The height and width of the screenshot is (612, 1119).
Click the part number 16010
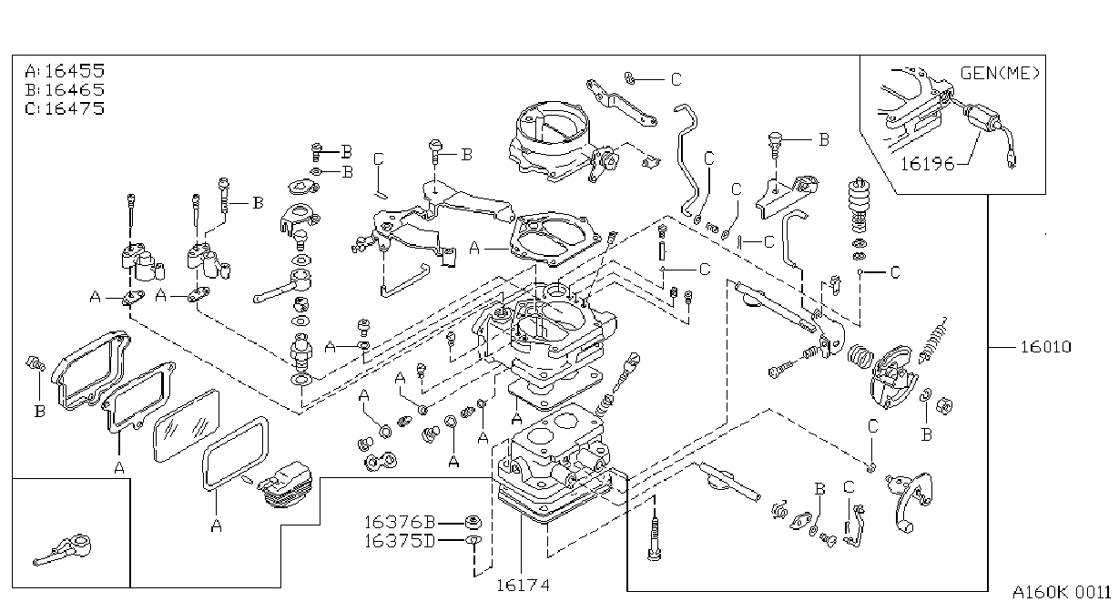pos(1045,347)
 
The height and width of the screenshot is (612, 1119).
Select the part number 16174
pos(523,585)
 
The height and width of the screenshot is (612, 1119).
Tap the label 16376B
pos(400,522)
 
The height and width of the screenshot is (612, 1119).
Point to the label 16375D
pos(400,541)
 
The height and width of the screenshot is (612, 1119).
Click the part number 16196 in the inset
pos(927,164)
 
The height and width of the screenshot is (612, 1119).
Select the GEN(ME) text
pos(1000,74)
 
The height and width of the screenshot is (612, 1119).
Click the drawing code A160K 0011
pos(1061,593)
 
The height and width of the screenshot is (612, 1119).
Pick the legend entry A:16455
pos(65,71)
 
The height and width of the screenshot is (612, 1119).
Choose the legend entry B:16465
pos(65,90)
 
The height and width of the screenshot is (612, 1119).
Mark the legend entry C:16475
pos(65,108)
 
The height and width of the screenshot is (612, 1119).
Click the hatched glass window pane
pos(186,425)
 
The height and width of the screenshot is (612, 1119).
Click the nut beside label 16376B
pos(473,522)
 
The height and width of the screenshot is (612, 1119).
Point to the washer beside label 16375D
pos(473,540)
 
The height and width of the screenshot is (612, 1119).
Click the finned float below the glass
pos(285,484)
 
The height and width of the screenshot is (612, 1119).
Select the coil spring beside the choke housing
pos(860,357)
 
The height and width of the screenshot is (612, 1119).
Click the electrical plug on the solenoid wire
pos(1012,160)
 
